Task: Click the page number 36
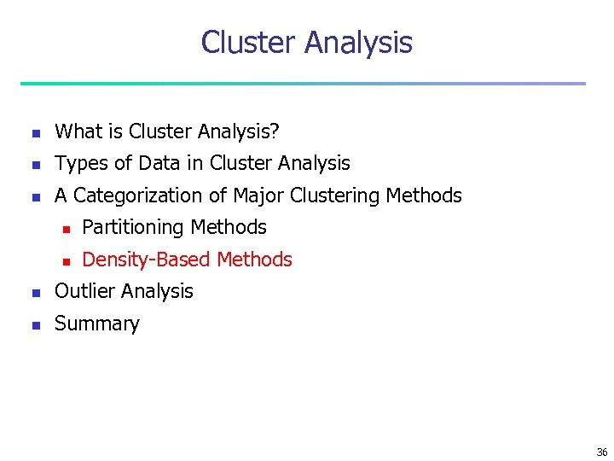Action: point(602,452)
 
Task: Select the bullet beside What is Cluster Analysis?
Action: point(34,132)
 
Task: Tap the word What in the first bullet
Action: point(78,131)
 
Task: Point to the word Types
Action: point(80,163)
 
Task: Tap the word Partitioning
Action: point(133,227)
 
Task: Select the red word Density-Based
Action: point(147,260)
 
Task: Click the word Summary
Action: point(96,324)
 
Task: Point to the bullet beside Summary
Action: point(34,324)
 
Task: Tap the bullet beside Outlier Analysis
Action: point(34,293)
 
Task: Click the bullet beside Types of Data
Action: point(34,165)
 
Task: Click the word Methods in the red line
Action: point(255,260)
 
